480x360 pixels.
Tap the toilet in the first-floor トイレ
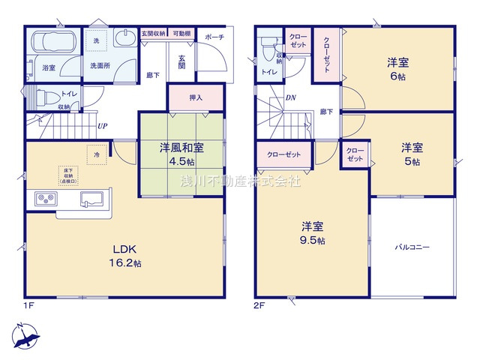[46, 97]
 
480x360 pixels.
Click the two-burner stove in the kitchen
[44, 199]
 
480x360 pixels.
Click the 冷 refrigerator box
[97, 154]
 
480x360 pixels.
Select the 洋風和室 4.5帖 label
[181, 153]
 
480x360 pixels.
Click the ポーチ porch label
[214, 37]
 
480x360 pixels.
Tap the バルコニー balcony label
[412, 247]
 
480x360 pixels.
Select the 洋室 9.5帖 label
[313, 232]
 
